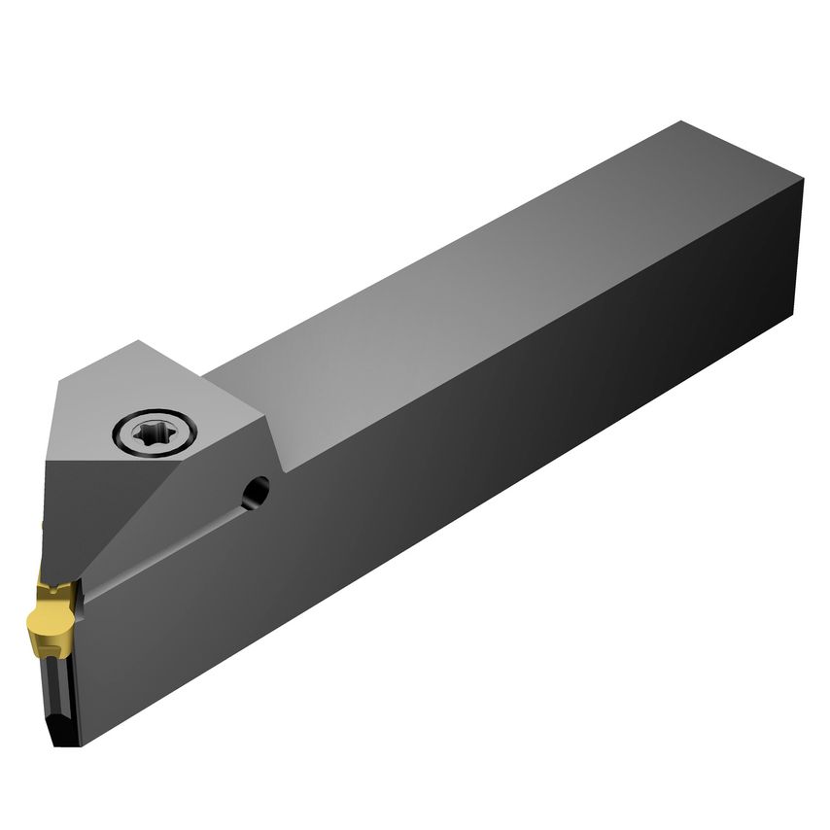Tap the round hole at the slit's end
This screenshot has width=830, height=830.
(258, 491)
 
